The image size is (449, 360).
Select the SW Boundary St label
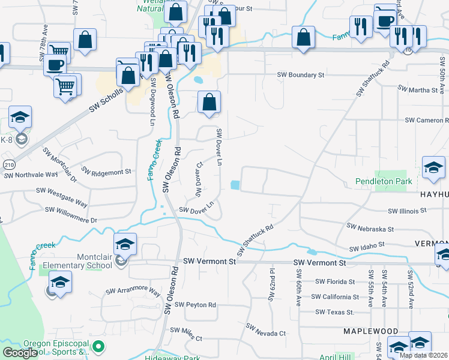pyautogui.click(x=300, y=75)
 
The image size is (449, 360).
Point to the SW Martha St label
pyautogui.click(x=418, y=90)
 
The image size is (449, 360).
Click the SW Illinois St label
pyautogui.click(x=407, y=211)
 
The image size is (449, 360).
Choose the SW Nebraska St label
pyautogui.click(x=370, y=229)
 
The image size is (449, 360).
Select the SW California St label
pyautogui.click(x=340, y=296)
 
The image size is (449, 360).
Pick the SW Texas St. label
pyautogui.click(x=335, y=312)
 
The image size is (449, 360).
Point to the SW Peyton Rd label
pyautogui.click(x=196, y=305)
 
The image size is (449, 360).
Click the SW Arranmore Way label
pyautogui.click(x=133, y=292)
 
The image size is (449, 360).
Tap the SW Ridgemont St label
pyautogui.click(x=106, y=172)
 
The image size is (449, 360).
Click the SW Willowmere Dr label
pyautogui.click(x=71, y=215)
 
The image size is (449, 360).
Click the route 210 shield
pyautogui.click(x=8, y=164)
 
